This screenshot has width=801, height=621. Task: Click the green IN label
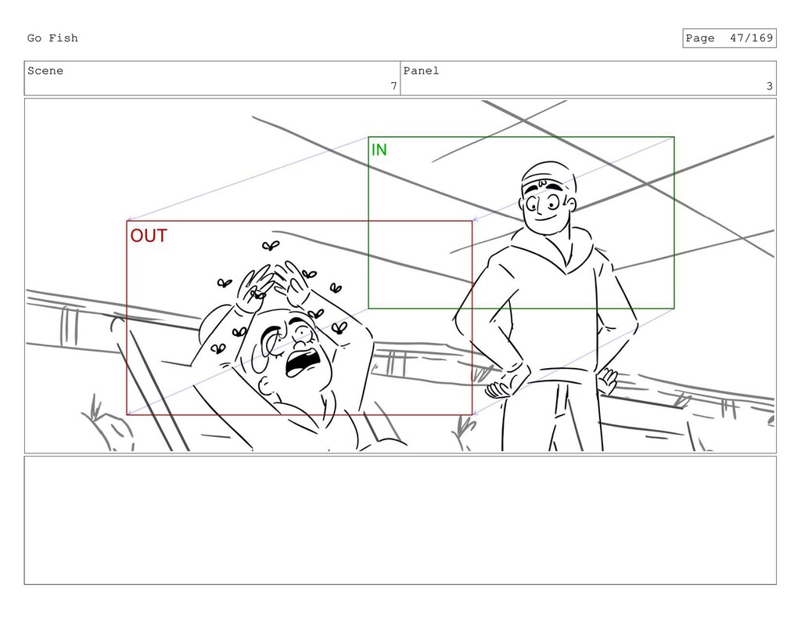click(379, 150)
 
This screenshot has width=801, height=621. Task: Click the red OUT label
click(149, 236)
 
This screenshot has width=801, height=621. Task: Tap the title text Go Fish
click(52, 38)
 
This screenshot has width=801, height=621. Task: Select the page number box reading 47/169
click(729, 38)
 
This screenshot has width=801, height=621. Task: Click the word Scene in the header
click(45, 71)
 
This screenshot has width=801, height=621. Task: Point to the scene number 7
click(393, 86)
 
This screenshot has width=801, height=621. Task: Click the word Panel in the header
click(421, 71)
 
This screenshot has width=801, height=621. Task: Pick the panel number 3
click(770, 86)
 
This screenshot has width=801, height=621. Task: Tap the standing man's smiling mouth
click(546, 217)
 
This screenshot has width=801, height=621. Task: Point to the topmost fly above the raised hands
click(270, 246)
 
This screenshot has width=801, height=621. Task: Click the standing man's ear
click(570, 204)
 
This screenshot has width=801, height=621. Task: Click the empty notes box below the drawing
click(400, 520)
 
